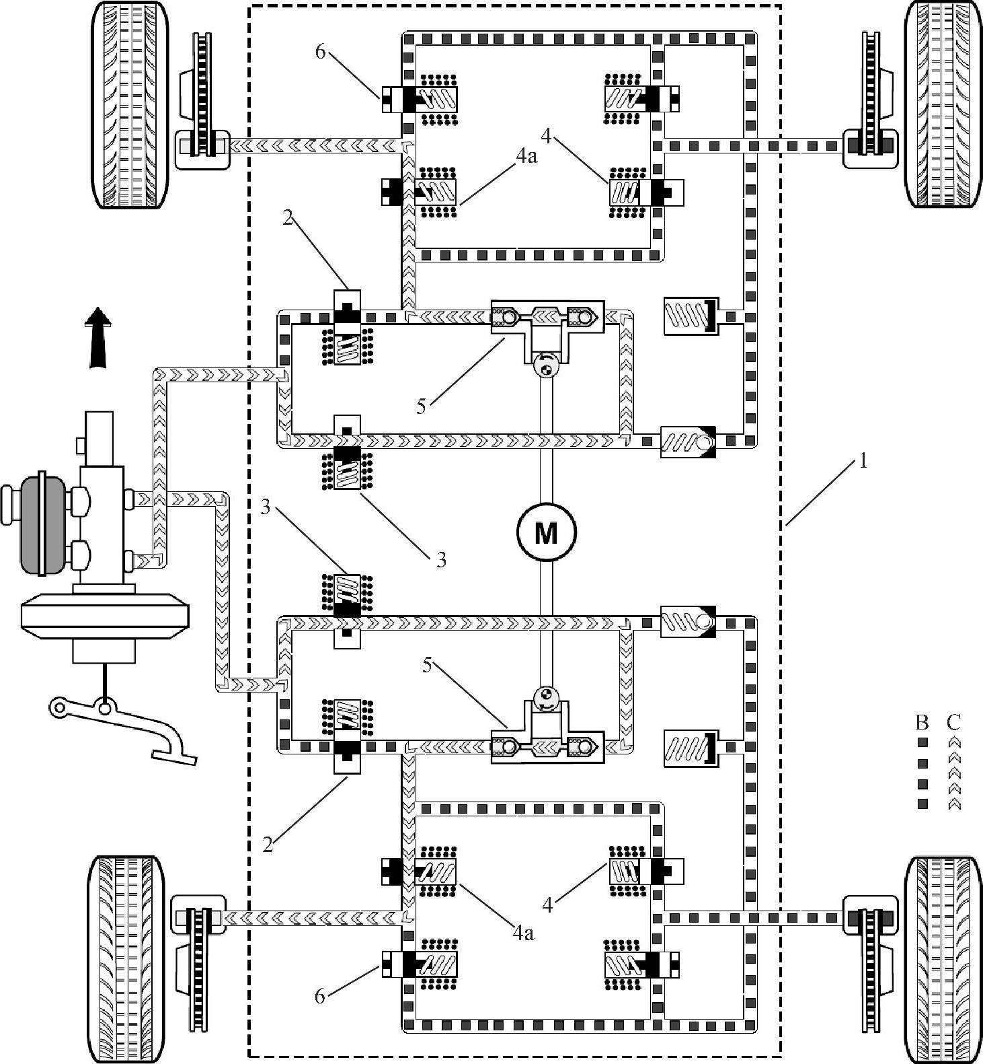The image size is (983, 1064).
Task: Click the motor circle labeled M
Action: click(546, 533)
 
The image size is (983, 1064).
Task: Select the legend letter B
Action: click(922, 722)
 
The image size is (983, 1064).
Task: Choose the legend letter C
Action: click(953, 722)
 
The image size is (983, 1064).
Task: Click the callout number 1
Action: click(863, 462)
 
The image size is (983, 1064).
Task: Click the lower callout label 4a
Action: click(523, 933)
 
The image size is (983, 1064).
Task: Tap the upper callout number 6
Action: click(320, 52)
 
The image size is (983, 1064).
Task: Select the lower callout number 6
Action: click(320, 995)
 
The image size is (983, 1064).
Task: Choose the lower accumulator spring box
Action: click(687, 748)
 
